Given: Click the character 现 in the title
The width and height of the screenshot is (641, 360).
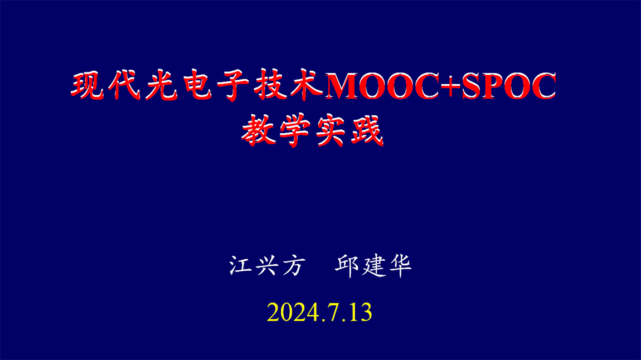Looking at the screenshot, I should (89, 86).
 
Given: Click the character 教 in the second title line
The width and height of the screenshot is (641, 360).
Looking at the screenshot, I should (258, 132).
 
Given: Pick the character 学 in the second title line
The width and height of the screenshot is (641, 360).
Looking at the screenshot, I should (294, 132).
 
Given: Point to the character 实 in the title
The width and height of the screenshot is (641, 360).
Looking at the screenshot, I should (331, 132).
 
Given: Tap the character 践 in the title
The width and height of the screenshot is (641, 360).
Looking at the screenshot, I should (366, 132).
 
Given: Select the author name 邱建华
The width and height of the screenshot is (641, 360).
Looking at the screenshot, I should (373, 266).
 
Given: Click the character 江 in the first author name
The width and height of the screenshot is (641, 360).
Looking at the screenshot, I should (241, 266).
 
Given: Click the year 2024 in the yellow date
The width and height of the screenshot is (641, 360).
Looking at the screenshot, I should (293, 313).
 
